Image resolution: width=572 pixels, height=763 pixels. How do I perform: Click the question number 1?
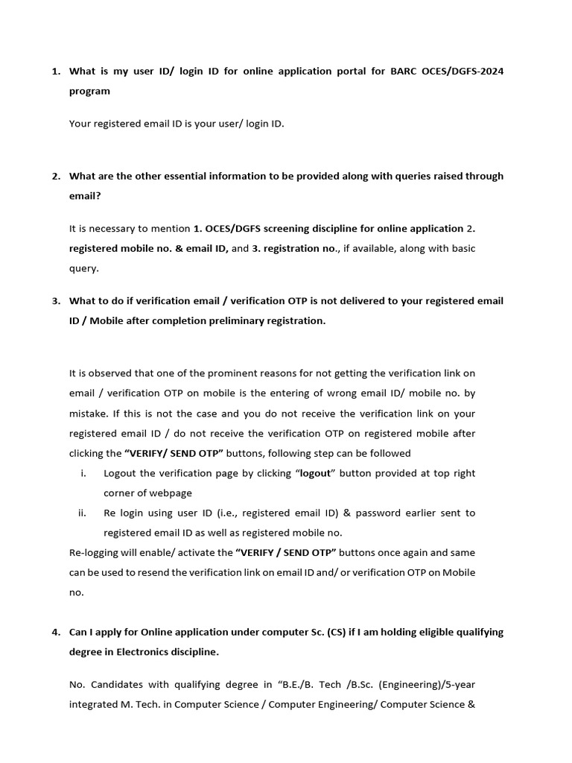(55, 72)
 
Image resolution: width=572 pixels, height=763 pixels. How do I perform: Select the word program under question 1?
(89, 91)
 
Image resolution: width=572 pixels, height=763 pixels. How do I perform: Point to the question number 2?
(55, 177)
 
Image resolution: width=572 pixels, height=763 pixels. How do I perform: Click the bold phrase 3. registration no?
(295, 248)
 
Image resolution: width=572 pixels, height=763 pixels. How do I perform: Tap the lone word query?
(83, 268)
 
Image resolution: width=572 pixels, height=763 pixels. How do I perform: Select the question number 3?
(55, 301)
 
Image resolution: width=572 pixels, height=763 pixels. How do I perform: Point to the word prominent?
(258, 373)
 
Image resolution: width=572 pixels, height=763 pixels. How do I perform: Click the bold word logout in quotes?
(314, 473)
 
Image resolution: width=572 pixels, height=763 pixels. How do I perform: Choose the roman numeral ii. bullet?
(82, 513)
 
